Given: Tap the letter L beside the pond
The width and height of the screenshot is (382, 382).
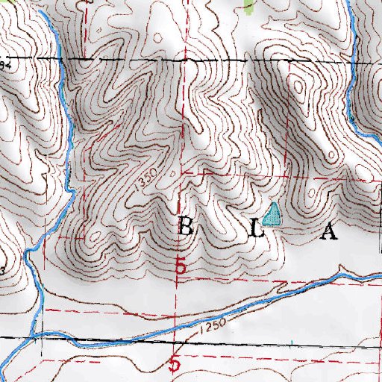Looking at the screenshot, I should pyautogui.click(x=256, y=231).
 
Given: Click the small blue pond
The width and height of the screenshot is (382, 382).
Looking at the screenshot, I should pyautogui.click(x=274, y=215).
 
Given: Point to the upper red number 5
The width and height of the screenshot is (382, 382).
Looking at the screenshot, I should pyautogui.click(x=180, y=266).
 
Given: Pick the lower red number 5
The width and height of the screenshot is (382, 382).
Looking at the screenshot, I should pyautogui.click(x=177, y=365).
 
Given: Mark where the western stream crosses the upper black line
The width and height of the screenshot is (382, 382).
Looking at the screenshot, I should pyautogui.click(x=60, y=58).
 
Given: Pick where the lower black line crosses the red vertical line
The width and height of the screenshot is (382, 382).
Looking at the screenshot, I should pyautogui.click(x=176, y=343).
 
